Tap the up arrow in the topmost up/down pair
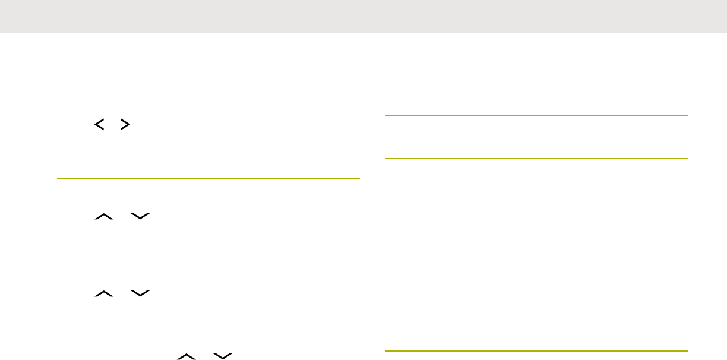tap(102, 219)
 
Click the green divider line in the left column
tap(208, 178)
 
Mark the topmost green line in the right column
tap(536, 116)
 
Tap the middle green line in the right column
tap(536, 159)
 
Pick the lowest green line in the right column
tap(536, 350)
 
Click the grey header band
tap(363, 16)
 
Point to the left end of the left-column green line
tap(58, 178)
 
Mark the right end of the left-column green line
tap(359, 178)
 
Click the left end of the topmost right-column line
tap(386, 116)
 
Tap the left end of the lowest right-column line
tap(386, 350)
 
